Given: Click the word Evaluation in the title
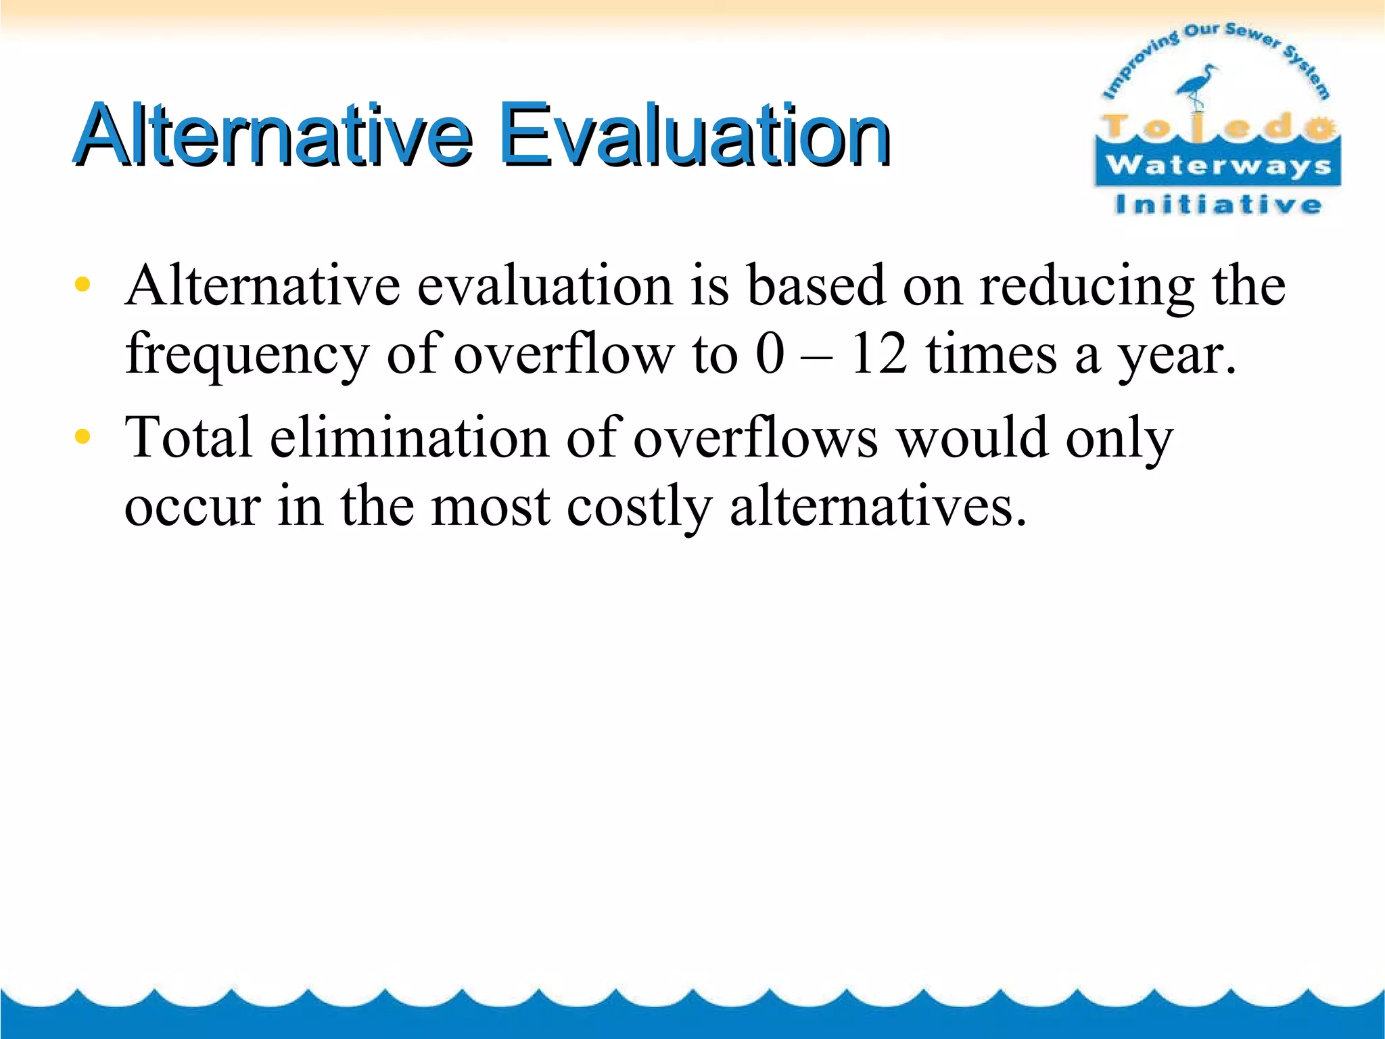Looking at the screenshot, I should [x=694, y=135].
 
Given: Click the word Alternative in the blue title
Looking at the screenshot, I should [x=273, y=135].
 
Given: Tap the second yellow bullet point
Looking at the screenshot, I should [x=82, y=437].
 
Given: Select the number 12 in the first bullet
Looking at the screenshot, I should [x=878, y=354].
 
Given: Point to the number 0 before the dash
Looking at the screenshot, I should [x=770, y=354].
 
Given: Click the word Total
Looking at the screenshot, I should [x=189, y=438].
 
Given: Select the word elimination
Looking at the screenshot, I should [x=408, y=438].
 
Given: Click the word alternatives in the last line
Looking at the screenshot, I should [x=878, y=507].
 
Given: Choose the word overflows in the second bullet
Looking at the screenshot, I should [x=755, y=438].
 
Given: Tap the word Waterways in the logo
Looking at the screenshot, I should [x=1218, y=166].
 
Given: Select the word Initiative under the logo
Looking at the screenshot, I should [x=1218, y=204].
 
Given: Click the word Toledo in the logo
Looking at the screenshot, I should [x=1218, y=127].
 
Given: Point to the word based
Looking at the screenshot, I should [x=816, y=285].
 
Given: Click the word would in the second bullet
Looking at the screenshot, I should [x=972, y=438].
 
